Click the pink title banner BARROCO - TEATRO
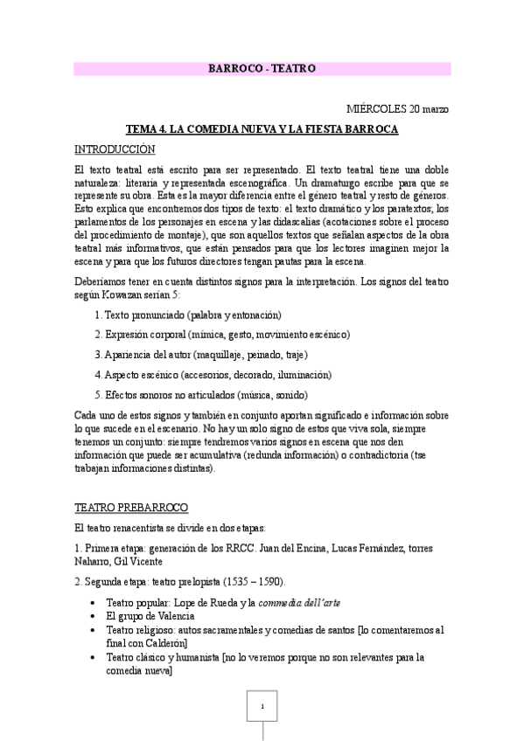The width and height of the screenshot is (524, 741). click(262, 68)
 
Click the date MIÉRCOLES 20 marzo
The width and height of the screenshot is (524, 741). click(397, 109)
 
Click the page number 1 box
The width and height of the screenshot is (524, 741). click(262, 705)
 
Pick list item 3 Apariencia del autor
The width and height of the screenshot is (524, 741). click(200, 355)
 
